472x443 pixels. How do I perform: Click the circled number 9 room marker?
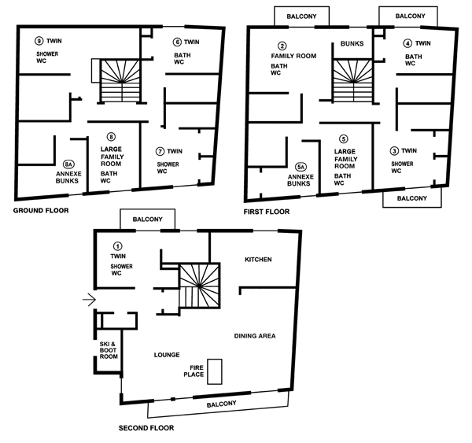39,41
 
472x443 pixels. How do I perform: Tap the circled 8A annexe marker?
68,164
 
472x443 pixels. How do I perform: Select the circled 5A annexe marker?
301,167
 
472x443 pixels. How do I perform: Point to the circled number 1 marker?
118,246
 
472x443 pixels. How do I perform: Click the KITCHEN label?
258,260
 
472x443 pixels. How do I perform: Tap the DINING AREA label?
255,336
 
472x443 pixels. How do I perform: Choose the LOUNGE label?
167,355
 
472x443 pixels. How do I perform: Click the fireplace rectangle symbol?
215,371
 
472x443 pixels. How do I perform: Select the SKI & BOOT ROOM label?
109,350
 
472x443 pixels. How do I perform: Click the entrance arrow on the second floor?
89,300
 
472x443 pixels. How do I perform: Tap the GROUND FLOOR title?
41,211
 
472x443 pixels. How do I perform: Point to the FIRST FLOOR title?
267,212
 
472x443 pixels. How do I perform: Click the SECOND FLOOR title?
146,428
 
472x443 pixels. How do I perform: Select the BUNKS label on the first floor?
352,43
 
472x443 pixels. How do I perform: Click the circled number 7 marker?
160,152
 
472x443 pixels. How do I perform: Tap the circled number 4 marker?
407,43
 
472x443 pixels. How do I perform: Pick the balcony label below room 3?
411,198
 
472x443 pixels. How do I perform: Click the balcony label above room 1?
148,220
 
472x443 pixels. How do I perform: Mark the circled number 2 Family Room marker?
282,46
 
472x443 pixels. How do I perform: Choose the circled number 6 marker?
177,42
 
